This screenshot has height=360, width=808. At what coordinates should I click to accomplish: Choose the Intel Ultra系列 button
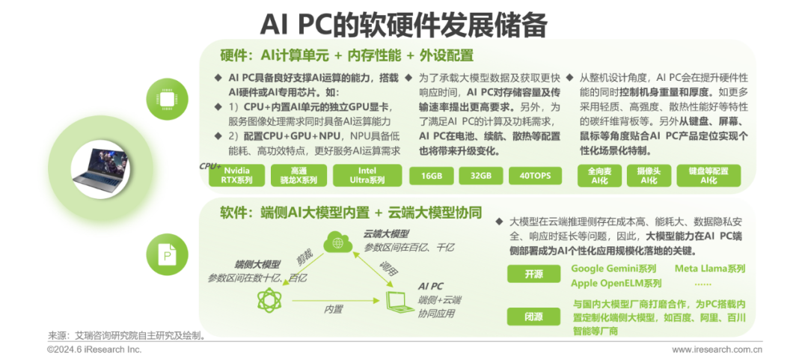pos(367,175)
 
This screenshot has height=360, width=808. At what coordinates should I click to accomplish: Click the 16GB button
pos(431,176)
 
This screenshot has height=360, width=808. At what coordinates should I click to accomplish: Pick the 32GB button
pos(481,176)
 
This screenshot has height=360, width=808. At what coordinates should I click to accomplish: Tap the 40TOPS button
pos(530,176)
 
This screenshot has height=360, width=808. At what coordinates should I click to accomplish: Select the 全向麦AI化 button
pos(599,175)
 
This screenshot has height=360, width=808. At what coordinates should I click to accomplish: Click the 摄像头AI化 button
pos(648,175)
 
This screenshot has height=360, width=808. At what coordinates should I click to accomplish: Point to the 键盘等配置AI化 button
pos(708,175)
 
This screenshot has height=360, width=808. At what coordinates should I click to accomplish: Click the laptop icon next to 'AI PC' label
pos(394,302)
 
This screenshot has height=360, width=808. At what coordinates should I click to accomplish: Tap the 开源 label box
pos(533,275)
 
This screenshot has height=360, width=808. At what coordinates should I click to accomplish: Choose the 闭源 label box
pos(533,317)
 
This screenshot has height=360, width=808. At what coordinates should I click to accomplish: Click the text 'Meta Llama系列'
pos(710,269)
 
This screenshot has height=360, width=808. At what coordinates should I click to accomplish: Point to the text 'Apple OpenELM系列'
pos(616,283)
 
